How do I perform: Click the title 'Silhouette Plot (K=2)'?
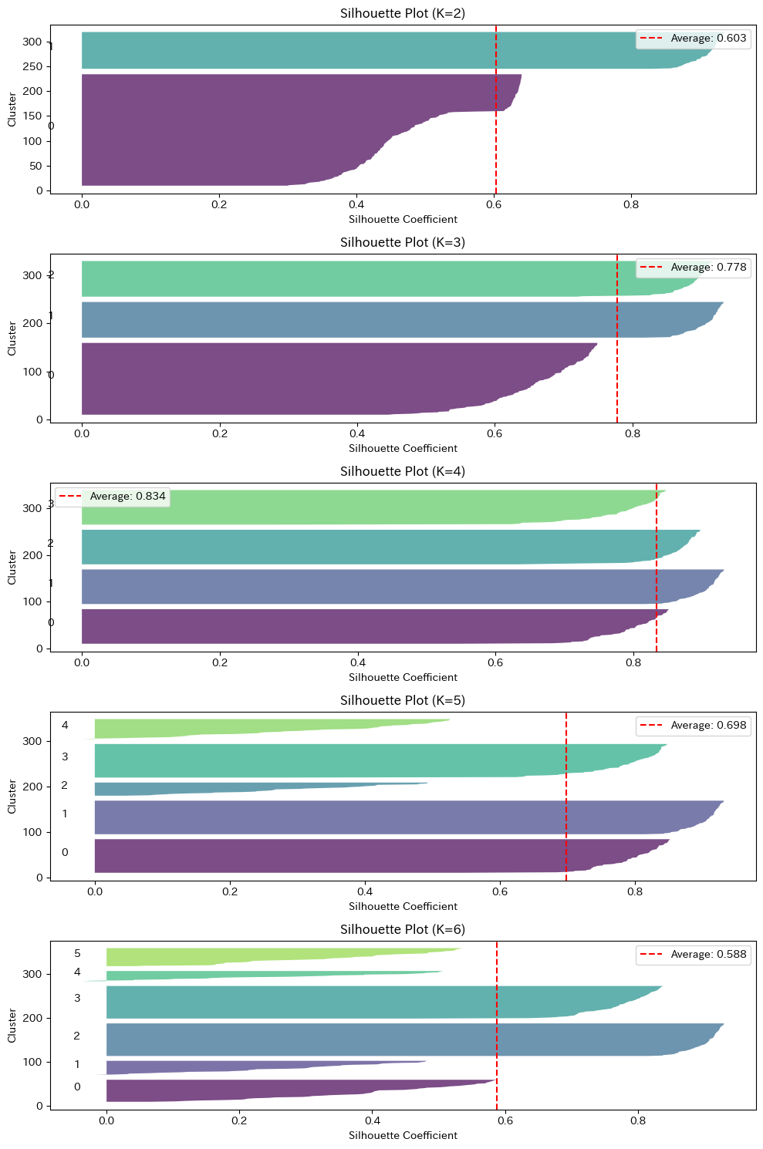click(403, 13)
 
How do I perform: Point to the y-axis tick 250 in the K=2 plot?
click(32, 66)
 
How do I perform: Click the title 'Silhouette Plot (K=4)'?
click(403, 471)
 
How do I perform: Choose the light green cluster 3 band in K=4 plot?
click(347, 507)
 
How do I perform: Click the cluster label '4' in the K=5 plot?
click(65, 725)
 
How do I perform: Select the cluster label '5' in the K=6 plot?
click(77, 954)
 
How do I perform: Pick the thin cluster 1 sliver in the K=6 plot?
click(231, 1067)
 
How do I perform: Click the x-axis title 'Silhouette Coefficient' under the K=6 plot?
click(403, 1135)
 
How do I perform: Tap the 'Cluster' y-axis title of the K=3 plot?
click(12, 339)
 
